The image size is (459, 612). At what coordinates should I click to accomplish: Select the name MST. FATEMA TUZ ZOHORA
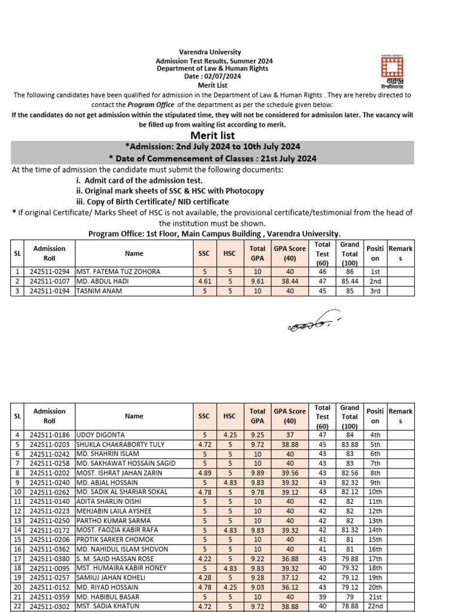(x=118, y=271)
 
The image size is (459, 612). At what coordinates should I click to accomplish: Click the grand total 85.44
(x=350, y=281)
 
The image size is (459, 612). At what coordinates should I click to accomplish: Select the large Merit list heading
(x=212, y=135)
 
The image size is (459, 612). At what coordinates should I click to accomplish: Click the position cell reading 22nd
(x=375, y=607)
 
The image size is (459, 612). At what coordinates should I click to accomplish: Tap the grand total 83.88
(x=350, y=445)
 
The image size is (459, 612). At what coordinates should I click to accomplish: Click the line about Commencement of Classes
(x=212, y=158)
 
